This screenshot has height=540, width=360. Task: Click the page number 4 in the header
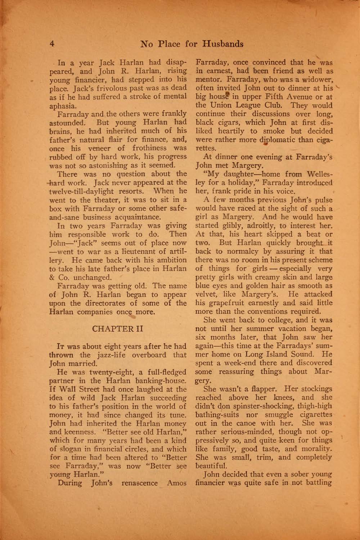pos(52,44)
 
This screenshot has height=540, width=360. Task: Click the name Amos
pos(176,483)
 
